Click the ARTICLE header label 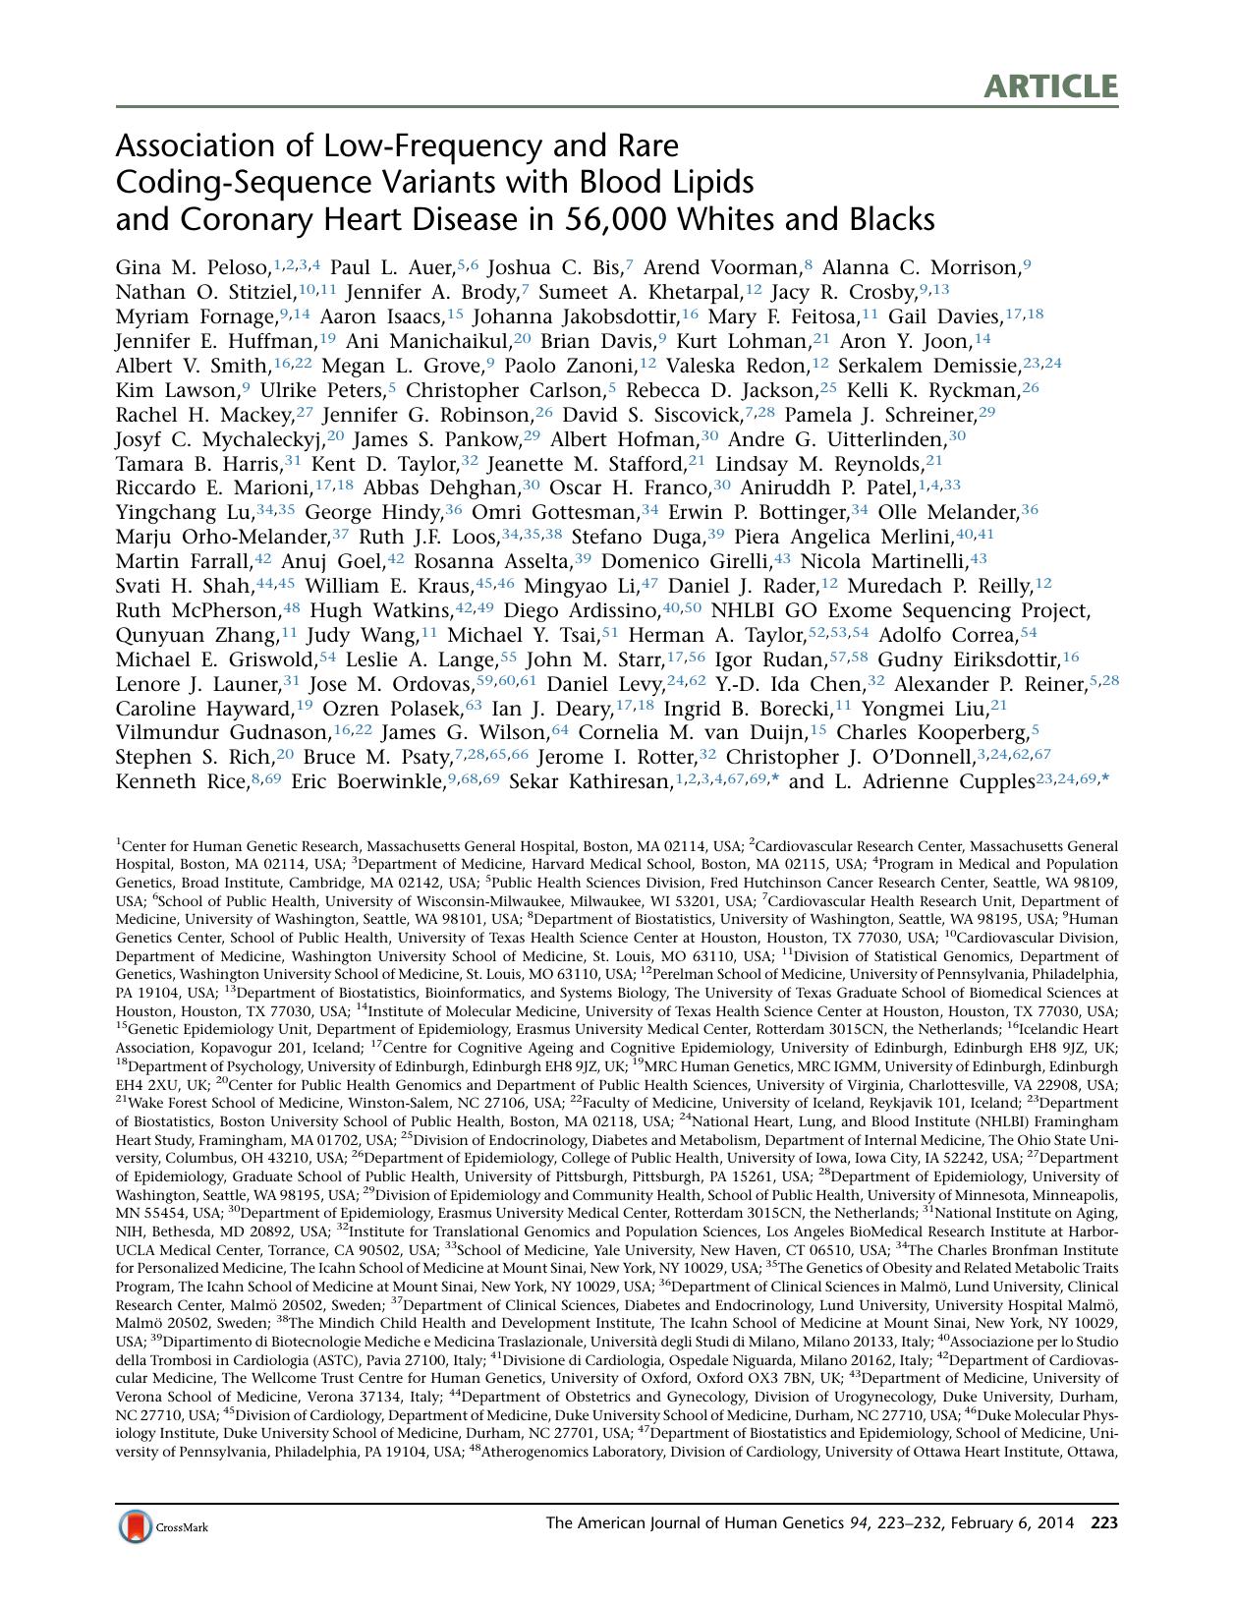[1051, 86]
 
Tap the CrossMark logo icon [136, 1526]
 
